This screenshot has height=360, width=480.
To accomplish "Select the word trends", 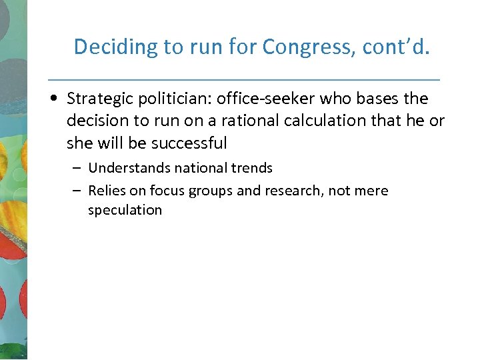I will click(x=252, y=168).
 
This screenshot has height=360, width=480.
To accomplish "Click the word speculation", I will click(x=125, y=209).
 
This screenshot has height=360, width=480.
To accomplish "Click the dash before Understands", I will click(x=77, y=169).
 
